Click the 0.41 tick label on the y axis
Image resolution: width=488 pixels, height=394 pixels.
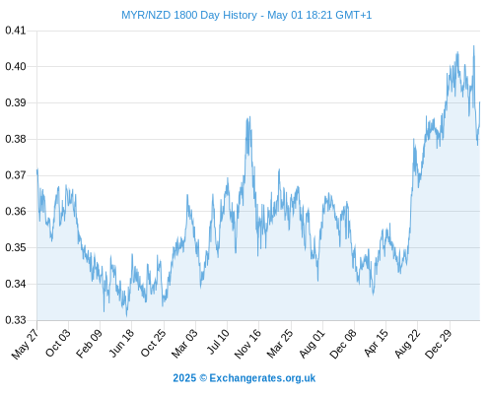click(x=16, y=31)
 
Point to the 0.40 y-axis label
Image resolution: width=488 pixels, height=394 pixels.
click(x=16, y=66)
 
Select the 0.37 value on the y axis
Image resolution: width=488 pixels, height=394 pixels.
click(x=16, y=175)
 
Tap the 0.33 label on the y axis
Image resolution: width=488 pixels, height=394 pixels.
click(x=16, y=320)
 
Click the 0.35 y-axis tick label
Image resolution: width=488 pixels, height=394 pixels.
click(x=16, y=247)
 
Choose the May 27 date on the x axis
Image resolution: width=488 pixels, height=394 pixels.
click(x=25, y=344)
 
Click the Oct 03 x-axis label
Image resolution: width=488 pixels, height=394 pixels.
click(x=58, y=343)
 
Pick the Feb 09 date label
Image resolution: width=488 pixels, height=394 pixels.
click(x=89, y=343)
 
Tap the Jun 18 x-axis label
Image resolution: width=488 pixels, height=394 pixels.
click(x=121, y=343)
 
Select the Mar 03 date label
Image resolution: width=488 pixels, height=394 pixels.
click(x=184, y=343)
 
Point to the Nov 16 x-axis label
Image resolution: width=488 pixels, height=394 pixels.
click(x=247, y=344)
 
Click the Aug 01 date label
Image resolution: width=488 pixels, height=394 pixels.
click(x=312, y=343)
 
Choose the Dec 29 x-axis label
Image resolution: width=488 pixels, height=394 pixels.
click(x=439, y=344)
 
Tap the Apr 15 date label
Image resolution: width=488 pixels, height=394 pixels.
click(x=377, y=343)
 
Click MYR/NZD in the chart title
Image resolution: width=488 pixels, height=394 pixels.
click(x=146, y=15)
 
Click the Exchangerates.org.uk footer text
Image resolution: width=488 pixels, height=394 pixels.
click(x=262, y=378)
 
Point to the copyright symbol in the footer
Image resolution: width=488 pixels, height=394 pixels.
click(x=203, y=378)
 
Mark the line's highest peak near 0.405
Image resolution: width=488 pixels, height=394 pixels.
click(x=473, y=46)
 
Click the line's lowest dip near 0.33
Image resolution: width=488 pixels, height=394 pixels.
click(x=126, y=316)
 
